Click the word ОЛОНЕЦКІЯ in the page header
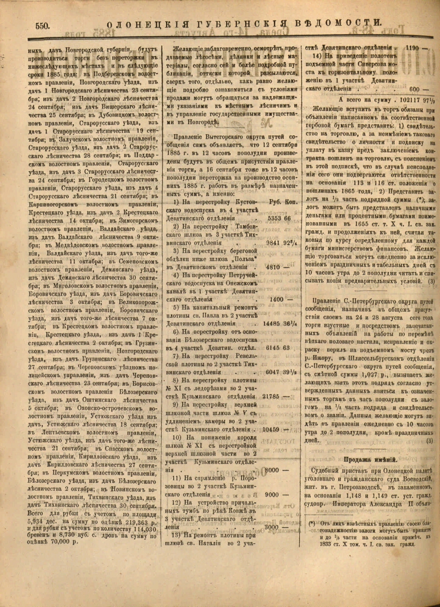tap(144, 24)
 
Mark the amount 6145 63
tap(278, 347)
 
